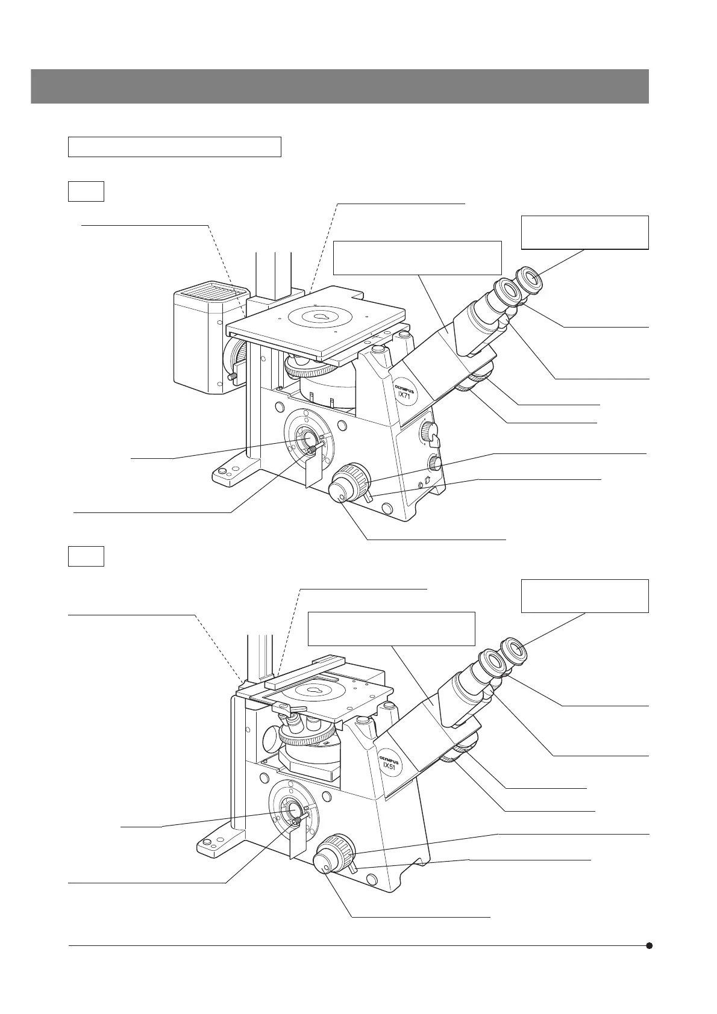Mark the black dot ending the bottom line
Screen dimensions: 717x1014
click(650, 945)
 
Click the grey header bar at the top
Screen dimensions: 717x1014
click(339, 86)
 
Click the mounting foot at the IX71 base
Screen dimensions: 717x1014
click(227, 474)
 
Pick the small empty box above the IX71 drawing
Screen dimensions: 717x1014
click(86, 191)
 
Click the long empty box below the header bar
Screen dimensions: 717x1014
click(175, 147)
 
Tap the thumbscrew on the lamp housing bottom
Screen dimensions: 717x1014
click(233, 377)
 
